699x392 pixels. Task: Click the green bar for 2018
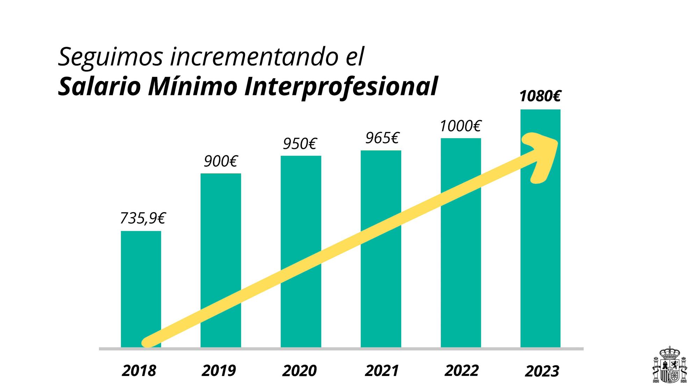point(141,279)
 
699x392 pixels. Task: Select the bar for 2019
point(221,244)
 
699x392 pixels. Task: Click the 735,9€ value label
point(142,219)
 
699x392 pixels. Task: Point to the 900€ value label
point(221,161)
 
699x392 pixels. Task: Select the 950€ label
point(300,144)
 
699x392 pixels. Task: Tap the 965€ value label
point(382,138)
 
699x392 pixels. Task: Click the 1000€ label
point(460,126)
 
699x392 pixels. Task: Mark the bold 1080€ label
point(540,96)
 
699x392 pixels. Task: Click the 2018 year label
point(139,371)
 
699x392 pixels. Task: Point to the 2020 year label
point(299,371)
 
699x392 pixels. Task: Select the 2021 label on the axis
point(382,371)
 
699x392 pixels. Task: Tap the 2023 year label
point(542,371)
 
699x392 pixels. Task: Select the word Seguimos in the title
point(110,57)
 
